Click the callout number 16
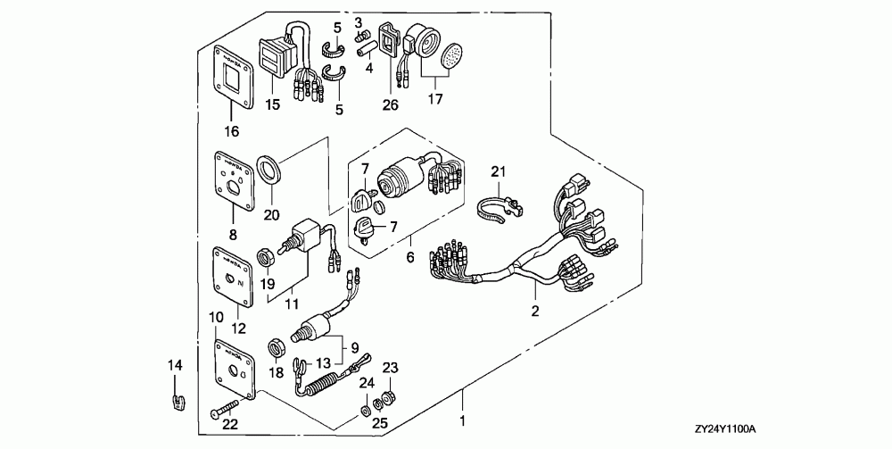click(x=231, y=132)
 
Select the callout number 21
click(x=499, y=170)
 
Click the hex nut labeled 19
click(x=264, y=259)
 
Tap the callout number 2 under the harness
click(x=535, y=312)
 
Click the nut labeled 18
click(x=277, y=345)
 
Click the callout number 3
click(x=358, y=21)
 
